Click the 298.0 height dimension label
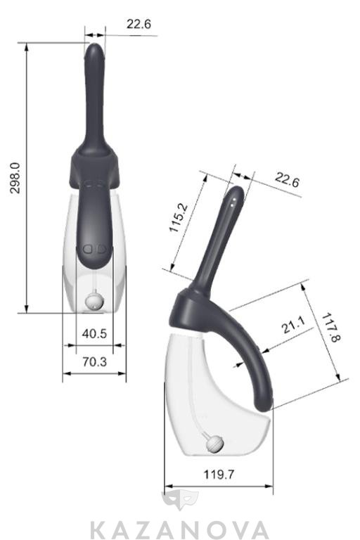pos(15,179)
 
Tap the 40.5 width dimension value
pos(94,334)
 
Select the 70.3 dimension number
pos(94,362)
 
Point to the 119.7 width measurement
pos(219,475)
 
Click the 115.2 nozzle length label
pos(179,217)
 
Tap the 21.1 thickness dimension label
pos(293,325)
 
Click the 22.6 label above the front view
pos(139,24)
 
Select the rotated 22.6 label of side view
pos(287,180)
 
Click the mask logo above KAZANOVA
pos(180,501)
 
